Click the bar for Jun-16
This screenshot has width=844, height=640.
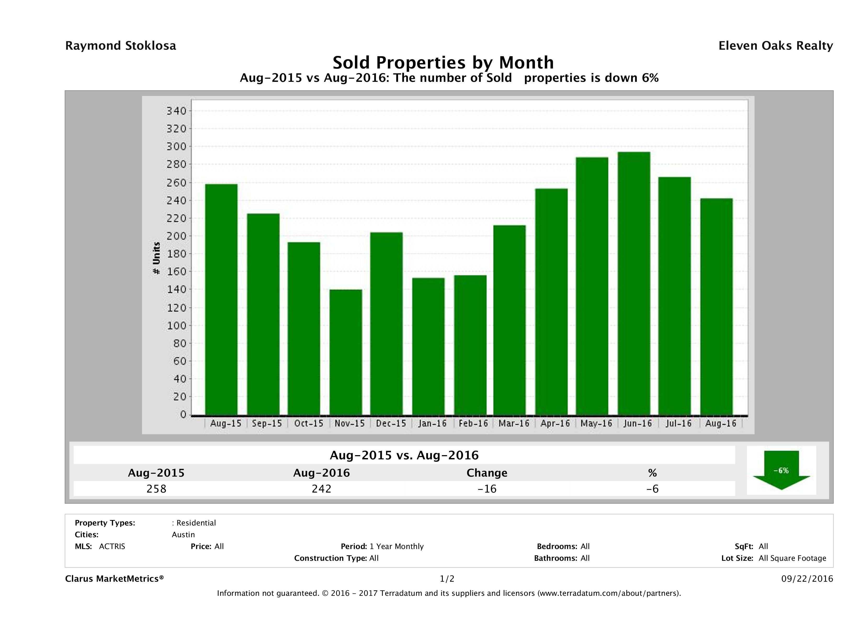click(634, 283)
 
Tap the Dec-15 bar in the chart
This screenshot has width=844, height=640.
click(386, 323)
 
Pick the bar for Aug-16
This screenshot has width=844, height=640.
click(716, 306)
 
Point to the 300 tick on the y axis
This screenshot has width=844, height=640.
click(176, 146)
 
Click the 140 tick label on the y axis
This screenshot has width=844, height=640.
click(176, 289)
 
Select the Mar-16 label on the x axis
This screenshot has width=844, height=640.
click(514, 423)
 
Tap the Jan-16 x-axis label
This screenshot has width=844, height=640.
click(432, 423)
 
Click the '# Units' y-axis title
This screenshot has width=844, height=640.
click(156, 258)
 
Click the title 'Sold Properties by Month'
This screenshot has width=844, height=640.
click(443, 62)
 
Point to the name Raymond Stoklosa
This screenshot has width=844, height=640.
click(121, 46)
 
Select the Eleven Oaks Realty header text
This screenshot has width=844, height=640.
click(775, 46)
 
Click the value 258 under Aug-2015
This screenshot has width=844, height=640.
click(156, 489)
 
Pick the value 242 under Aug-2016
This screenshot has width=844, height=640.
click(321, 489)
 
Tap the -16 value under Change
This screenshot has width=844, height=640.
click(487, 489)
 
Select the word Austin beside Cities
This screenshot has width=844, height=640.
click(183, 535)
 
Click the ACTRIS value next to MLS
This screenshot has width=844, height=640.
click(112, 547)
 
